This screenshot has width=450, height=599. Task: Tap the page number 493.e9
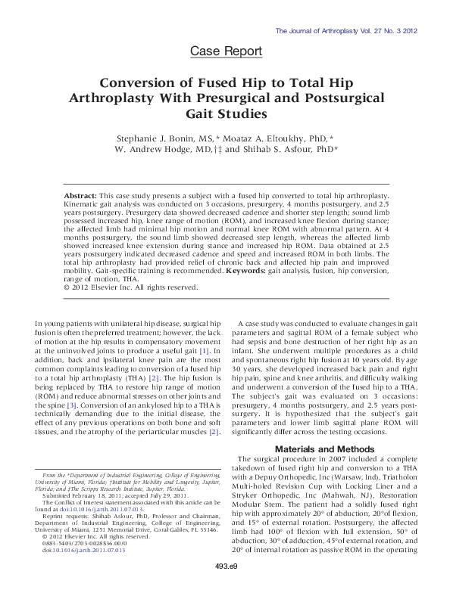tap(225, 586)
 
